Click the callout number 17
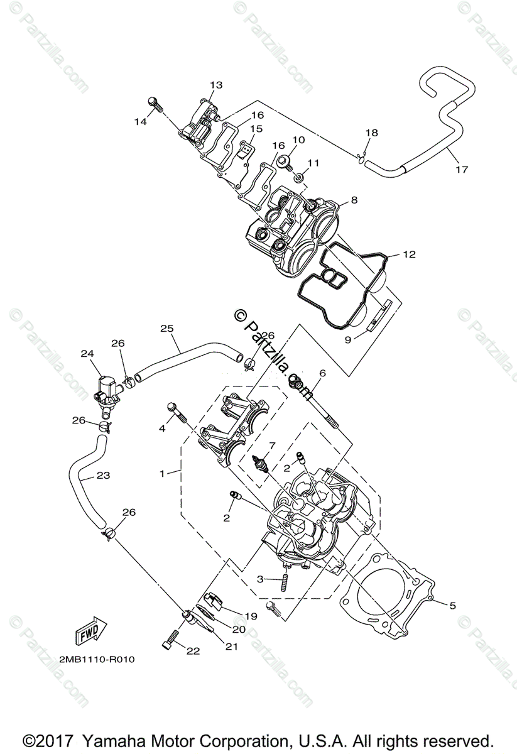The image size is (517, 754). [x=462, y=169]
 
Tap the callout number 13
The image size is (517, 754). [x=216, y=85]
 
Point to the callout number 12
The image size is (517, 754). [x=409, y=254]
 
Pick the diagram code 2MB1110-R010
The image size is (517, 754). [x=97, y=660]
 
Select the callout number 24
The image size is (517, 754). [x=87, y=354]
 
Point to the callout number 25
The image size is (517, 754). [x=166, y=329]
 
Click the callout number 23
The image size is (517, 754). [x=103, y=476]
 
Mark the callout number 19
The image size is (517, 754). [x=251, y=616]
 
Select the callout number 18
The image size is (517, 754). [x=371, y=133]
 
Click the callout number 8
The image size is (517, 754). [x=354, y=200]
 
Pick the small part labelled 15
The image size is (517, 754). [x=247, y=149]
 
